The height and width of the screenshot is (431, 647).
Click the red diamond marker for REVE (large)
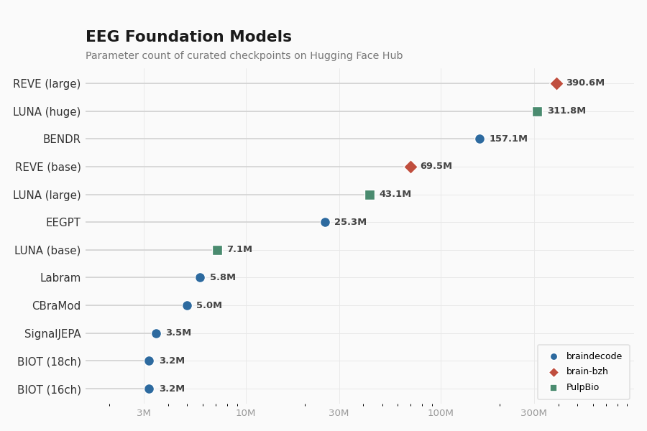[x=556, y=83]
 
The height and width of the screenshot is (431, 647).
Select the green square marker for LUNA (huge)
[x=537, y=111]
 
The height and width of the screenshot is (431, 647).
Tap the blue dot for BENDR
[x=479, y=139]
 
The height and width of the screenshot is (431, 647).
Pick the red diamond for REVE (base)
[x=410, y=167]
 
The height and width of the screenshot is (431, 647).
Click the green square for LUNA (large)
[x=370, y=195]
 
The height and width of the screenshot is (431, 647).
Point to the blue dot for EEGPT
[x=325, y=222]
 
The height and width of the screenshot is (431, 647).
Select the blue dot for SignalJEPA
[x=156, y=333]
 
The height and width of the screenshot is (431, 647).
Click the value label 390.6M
[x=585, y=83]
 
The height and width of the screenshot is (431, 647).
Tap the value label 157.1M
[x=508, y=139]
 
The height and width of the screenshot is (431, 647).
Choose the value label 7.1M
[x=239, y=250]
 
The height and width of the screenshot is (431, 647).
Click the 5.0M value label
[x=209, y=305]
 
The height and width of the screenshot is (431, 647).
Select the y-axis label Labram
[x=60, y=278]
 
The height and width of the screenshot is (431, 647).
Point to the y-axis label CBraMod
[x=56, y=305]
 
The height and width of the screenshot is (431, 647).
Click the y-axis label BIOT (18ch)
[x=49, y=361]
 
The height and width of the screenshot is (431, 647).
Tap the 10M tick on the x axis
[x=246, y=413]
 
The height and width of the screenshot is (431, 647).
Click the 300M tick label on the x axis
[x=534, y=413]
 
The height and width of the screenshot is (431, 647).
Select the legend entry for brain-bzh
[x=587, y=372]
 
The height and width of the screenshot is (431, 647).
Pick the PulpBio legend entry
[x=582, y=388]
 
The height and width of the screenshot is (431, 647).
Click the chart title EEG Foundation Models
[x=188, y=37]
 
